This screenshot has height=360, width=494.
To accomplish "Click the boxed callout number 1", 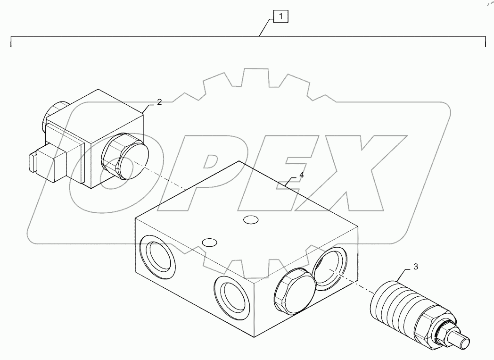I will click(281, 17).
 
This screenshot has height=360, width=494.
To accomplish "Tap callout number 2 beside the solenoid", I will click(159, 102).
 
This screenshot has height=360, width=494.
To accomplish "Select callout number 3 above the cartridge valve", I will click(415, 267).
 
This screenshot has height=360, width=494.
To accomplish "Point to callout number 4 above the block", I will click(301, 175).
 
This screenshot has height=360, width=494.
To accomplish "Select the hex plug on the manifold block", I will click(291, 291).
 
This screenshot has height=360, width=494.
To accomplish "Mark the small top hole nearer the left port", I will click(208, 242).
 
